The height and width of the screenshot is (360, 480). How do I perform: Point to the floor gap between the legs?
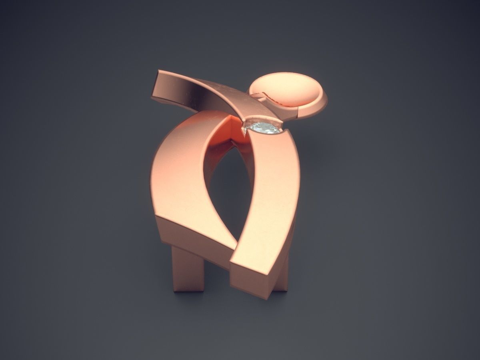coord(224,280)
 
